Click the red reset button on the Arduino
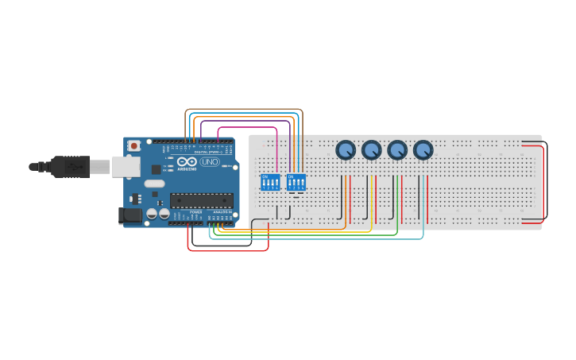click(x=134, y=146)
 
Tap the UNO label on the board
click(x=210, y=162)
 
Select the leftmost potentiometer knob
click(x=346, y=149)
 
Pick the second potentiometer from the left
click(x=372, y=149)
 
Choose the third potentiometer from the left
click(x=397, y=149)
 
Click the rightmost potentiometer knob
click(x=423, y=149)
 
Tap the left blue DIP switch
click(x=270, y=182)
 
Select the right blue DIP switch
click(x=296, y=182)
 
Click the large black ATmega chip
click(x=202, y=200)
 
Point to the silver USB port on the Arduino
click(x=125, y=166)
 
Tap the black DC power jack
click(x=130, y=215)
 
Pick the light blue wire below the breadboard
click(x=318, y=238)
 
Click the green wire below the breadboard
click(x=318, y=235)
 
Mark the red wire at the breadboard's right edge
click(x=544, y=183)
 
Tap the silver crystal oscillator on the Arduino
click(x=154, y=184)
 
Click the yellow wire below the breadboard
click(x=318, y=232)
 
